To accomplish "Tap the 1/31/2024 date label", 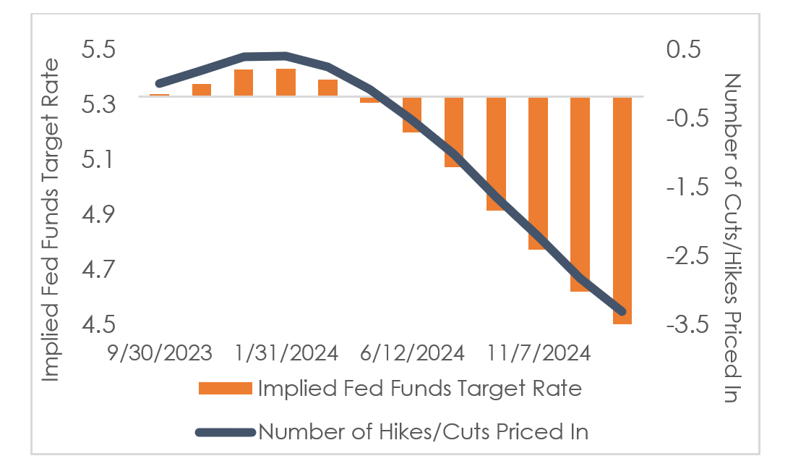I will (x=286, y=353).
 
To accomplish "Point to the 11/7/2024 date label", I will (x=538, y=353).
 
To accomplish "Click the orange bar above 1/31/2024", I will (x=286, y=83).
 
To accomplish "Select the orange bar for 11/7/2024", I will (x=538, y=174).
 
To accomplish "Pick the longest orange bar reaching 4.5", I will (x=622, y=210).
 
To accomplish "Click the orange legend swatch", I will (x=224, y=389).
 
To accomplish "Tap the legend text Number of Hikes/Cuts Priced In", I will (x=423, y=432).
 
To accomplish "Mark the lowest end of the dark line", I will (x=622, y=311).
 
